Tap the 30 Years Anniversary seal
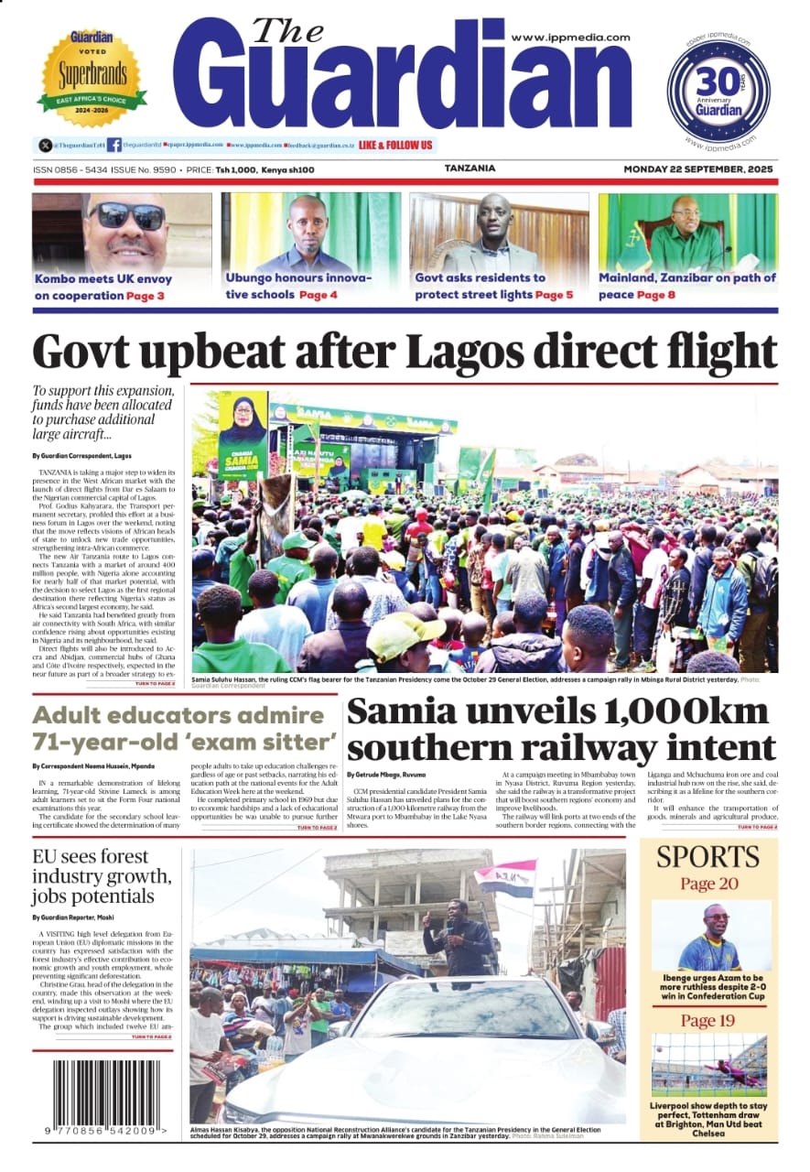tap(718, 91)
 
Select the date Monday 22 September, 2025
tap(698, 169)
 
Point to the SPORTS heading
tap(707, 857)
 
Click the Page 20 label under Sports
tap(707, 884)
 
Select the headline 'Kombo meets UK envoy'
tap(103, 278)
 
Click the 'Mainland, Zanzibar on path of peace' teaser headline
tap(686, 278)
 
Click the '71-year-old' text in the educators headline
tap(102, 742)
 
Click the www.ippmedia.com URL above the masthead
tap(570, 38)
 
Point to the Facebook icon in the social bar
tap(113, 145)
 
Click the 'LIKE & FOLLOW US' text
tap(395, 145)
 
